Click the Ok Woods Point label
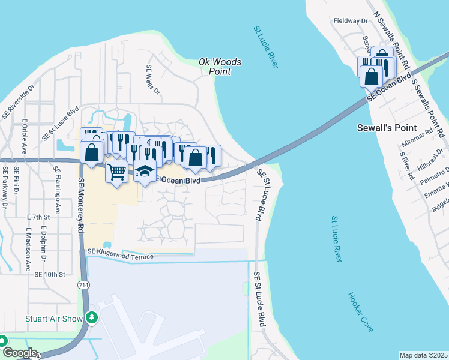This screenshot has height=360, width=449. (x=220, y=67)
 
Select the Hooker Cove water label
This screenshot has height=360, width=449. (x=360, y=312)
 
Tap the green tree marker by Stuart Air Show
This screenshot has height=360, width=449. (x=91, y=317)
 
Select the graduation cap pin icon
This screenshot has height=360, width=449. (x=144, y=172)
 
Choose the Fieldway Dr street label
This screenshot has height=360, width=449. (x=351, y=20)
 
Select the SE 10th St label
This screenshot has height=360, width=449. (x=49, y=274)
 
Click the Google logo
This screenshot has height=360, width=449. (x=19, y=352)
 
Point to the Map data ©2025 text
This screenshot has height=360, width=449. (x=423, y=355)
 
